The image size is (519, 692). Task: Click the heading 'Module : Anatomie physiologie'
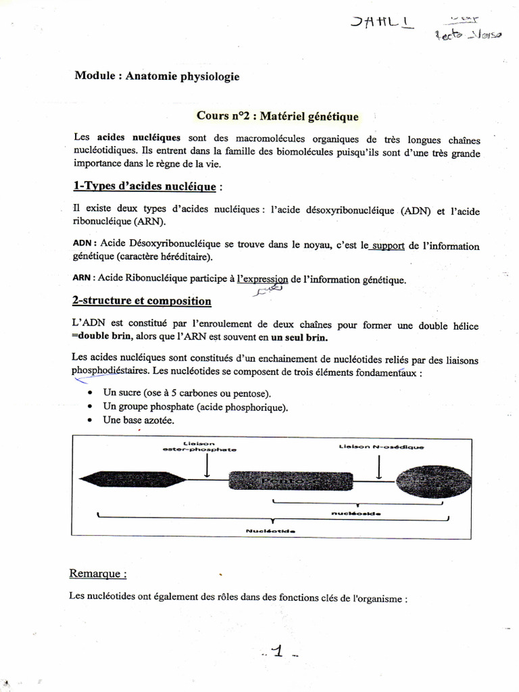click(x=157, y=76)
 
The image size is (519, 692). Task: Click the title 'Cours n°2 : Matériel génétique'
click(x=278, y=117)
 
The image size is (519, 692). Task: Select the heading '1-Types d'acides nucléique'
click(x=145, y=186)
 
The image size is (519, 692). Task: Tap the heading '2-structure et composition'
click(x=142, y=301)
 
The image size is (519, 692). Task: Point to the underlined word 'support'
click(x=388, y=246)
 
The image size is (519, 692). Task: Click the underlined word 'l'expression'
click(x=262, y=278)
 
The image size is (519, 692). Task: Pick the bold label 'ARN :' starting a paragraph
click(x=84, y=277)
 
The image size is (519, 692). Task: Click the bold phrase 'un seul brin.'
click(x=301, y=337)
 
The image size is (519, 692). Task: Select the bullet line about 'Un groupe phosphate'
click(x=195, y=407)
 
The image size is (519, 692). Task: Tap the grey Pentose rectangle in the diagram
click(x=290, y=480)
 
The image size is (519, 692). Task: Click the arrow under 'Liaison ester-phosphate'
click(x=207, y=466)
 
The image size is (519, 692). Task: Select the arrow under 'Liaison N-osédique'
click(x=381, y=466)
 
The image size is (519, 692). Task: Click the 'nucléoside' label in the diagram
click(x=356, y=514)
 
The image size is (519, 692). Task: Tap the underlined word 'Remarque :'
click(x=98, y=574)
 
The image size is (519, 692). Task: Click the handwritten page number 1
click(x=277, y=651)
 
